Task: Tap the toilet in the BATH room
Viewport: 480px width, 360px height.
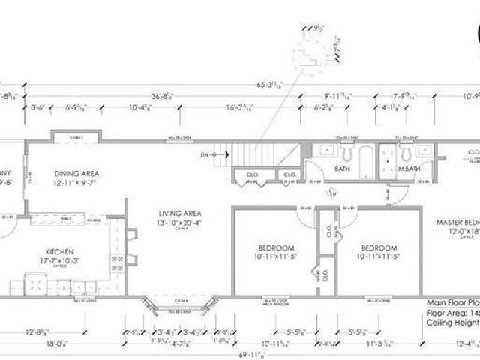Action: [x=348, y=154]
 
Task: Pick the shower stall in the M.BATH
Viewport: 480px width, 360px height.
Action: [x=388, y=160]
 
